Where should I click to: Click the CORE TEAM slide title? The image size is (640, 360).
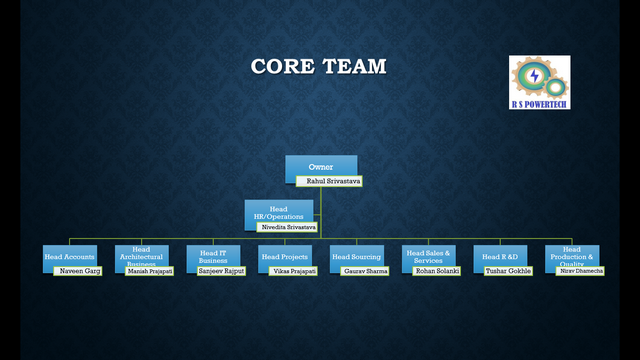pos(319,67)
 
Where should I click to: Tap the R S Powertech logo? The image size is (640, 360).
pos(540,82)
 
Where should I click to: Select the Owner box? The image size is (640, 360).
pos(320,165)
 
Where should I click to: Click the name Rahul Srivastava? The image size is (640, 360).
pos(330,182)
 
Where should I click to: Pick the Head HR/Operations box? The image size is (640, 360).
pos(278,212)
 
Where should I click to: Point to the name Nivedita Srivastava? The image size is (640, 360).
pos(288,228)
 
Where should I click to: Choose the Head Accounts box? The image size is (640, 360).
pos(70,256)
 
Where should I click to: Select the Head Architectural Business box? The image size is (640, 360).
pos(141,255)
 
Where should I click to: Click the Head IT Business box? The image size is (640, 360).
pos(214,256)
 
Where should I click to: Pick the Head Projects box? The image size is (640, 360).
pos(285,256)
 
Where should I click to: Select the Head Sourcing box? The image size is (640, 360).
pos(357,256)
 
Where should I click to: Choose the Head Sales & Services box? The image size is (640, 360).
pos(429,256)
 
